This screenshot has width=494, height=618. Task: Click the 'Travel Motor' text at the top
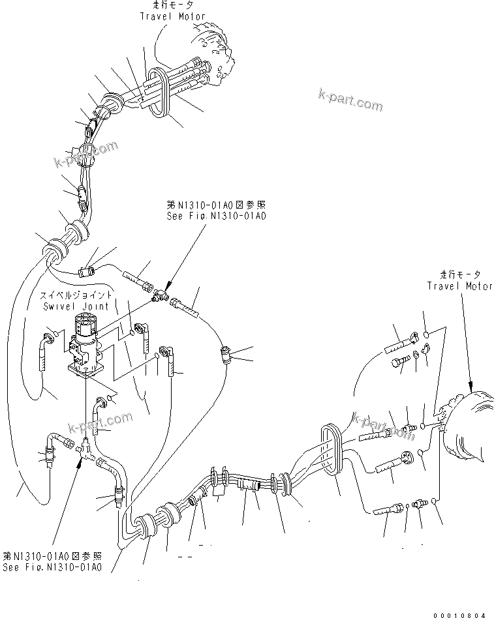(x=172, y=16)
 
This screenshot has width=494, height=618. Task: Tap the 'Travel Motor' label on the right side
(x=459, y=286)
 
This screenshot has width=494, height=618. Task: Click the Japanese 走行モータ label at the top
(x=172, y=5)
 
